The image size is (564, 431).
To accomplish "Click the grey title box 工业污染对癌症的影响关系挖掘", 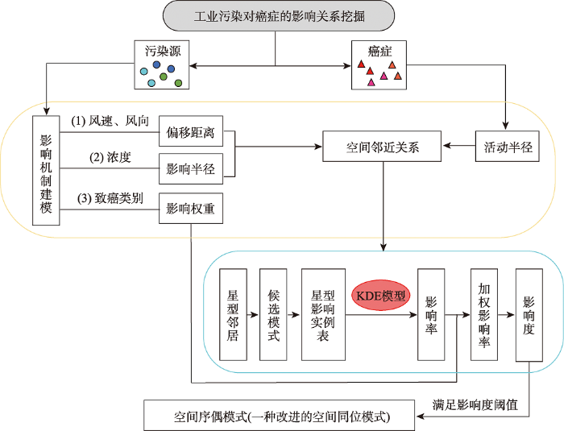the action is coord(279,16).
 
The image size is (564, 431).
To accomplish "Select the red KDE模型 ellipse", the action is coord(380,296).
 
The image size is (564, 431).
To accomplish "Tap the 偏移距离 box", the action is coord(191,131).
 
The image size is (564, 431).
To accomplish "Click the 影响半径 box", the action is coord(191,168).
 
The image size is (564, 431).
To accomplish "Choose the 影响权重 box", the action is coord(191,209).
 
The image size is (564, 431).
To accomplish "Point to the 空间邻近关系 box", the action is coord(382,147).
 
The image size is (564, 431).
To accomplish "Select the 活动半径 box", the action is coord(507,147).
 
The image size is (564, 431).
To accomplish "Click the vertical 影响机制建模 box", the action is coord(46,171).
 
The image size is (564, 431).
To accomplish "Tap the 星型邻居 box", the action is coord(233,315).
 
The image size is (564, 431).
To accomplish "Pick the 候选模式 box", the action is coord(273,315).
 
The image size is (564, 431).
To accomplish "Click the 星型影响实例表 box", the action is coord(323,315).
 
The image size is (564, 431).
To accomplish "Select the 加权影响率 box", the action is coord(484,315).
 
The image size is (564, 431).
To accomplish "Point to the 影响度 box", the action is coord(529,315).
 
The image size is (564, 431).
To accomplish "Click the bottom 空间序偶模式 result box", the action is coord(279,416).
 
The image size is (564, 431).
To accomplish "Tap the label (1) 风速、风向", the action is coord(110,121).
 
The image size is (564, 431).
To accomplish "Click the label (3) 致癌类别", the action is coord(110,198).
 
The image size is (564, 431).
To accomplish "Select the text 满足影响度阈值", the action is coord(475,404).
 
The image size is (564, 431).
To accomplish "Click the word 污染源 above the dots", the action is coord(163,51).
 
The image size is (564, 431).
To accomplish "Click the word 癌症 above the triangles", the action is coord(379,51).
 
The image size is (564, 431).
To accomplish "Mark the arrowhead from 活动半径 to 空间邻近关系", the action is coord(446,146).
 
